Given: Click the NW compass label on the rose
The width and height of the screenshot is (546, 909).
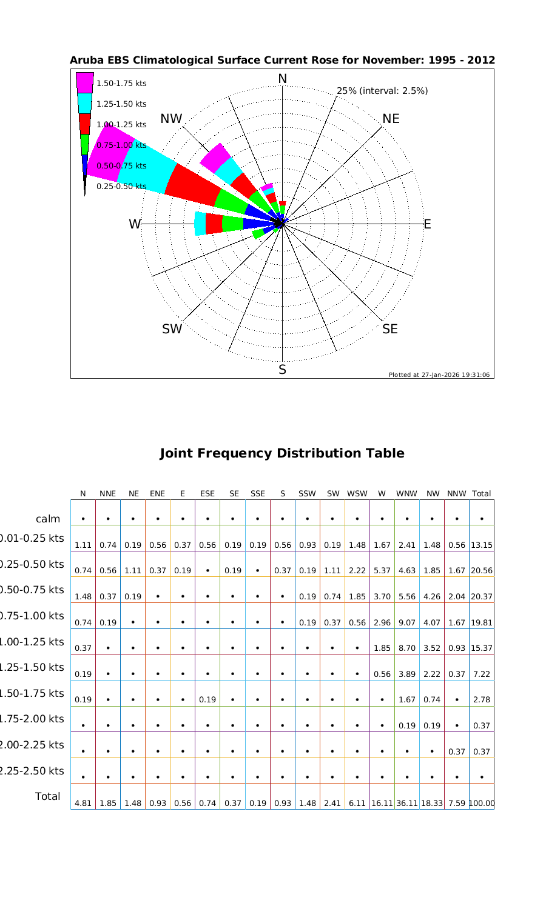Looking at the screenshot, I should click(x=172, y=119).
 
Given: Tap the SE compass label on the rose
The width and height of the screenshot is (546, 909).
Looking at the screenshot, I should click(x=390, y=329).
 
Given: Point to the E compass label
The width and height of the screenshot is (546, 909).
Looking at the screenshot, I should click(x=427, y=224).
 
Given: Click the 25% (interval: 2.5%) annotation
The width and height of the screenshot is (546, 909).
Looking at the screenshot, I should click(x=382, y=91).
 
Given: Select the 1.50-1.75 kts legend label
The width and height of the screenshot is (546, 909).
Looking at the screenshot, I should click(x=121, y=83).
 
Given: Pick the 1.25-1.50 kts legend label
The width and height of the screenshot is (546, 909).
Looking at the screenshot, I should click(x=121, y=104).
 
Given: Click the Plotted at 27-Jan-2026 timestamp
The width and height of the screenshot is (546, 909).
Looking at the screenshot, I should click(x=439, y=375).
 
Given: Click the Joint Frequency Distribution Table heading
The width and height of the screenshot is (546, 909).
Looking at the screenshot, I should click(x=281, y=453).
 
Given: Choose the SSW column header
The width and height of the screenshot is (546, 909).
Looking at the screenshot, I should click(x=308, y=494).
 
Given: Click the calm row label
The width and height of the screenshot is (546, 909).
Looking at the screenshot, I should click(x=48, y=519).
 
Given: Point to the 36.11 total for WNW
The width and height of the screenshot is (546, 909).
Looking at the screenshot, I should click(x=406, y=804).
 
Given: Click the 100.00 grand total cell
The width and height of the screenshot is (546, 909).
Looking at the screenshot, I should click(x=482, y=804).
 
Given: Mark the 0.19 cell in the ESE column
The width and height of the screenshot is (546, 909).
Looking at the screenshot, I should click(x=207, y=700).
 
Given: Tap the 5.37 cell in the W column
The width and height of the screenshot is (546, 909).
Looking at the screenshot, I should click(x=382, y=571).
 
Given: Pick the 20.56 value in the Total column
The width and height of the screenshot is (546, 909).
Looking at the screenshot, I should click(x=482, y=571).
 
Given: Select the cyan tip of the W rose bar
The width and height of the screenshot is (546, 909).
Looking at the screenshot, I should click(x=200, y=224).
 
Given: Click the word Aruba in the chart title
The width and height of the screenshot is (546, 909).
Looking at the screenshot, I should click(x=85, y=61).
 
